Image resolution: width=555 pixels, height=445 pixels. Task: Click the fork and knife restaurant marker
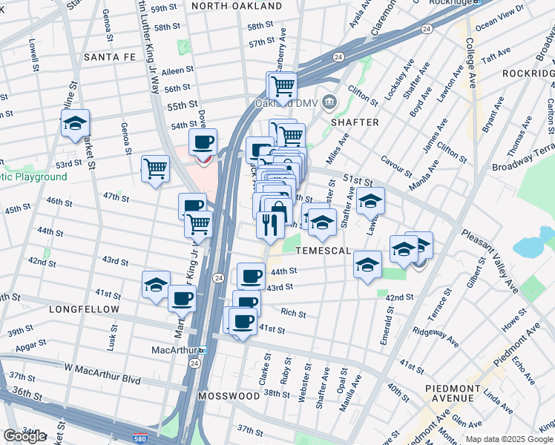[270, 223]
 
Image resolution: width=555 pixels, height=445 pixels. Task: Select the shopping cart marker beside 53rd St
[155, 168]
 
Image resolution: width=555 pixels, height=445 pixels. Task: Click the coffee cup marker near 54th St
[203, 142]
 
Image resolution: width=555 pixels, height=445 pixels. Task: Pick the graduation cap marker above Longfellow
[157, 285]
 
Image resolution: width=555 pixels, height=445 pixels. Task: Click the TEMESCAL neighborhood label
[323, 251]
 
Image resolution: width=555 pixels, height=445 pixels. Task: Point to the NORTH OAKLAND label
[226, 6]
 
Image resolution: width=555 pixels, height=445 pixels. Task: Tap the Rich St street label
[293, 314]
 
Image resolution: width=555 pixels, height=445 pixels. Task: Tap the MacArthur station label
[172, 349]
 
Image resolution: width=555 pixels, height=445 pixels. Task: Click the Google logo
[24, 436]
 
